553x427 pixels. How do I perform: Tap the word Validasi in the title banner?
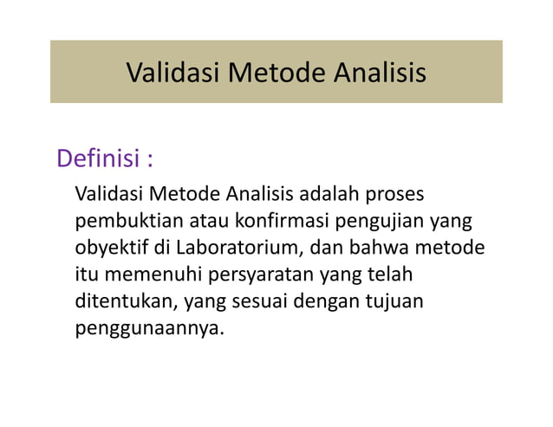(x=172, y=73)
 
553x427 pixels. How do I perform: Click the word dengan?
(x=331, y=303)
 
